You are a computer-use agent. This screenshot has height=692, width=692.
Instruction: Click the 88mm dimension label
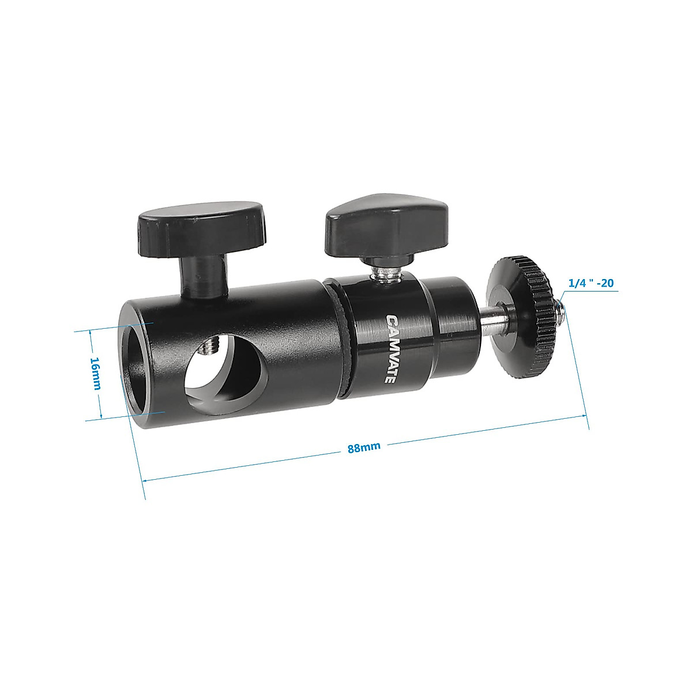pos(364,447)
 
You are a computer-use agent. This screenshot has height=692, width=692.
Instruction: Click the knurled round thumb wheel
pos(522,326)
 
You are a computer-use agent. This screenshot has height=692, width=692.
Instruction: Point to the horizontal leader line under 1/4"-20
pos(594,292)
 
